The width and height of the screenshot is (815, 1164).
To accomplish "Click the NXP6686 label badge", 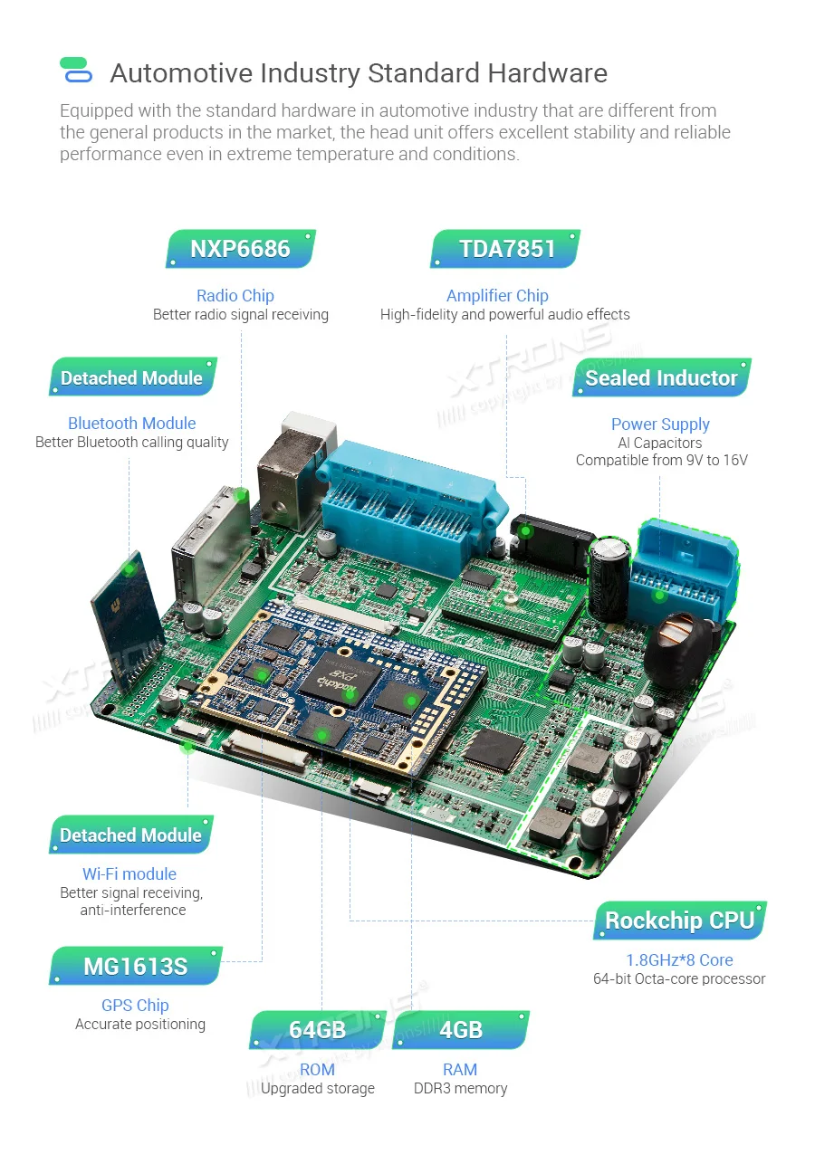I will click(240, 249).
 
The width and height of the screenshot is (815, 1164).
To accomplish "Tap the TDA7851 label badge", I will click(506, 249).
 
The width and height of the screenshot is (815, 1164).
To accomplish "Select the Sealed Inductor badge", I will click(661, 377).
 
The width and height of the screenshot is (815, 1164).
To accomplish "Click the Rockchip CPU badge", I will click(679, 921).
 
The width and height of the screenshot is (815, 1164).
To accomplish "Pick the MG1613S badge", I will click(135, 966).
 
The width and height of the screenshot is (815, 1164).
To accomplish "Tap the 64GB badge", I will click(317, 1030).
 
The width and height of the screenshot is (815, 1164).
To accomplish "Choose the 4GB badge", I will click(460, 1030).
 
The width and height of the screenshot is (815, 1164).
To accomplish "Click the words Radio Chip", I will click(235, 295).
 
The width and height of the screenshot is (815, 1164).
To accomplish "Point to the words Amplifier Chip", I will click(497, 295).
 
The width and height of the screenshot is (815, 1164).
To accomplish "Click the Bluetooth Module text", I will click(131, 423).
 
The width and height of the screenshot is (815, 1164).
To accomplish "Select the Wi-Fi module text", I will click(129, 873).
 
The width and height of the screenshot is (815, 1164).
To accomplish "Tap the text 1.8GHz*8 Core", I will click(679, 959).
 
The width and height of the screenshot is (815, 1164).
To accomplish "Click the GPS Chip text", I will click(135, 1005).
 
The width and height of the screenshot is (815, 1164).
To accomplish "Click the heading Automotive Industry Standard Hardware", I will click(359, 73).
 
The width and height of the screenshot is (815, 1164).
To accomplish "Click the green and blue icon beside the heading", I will click(75, 70).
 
